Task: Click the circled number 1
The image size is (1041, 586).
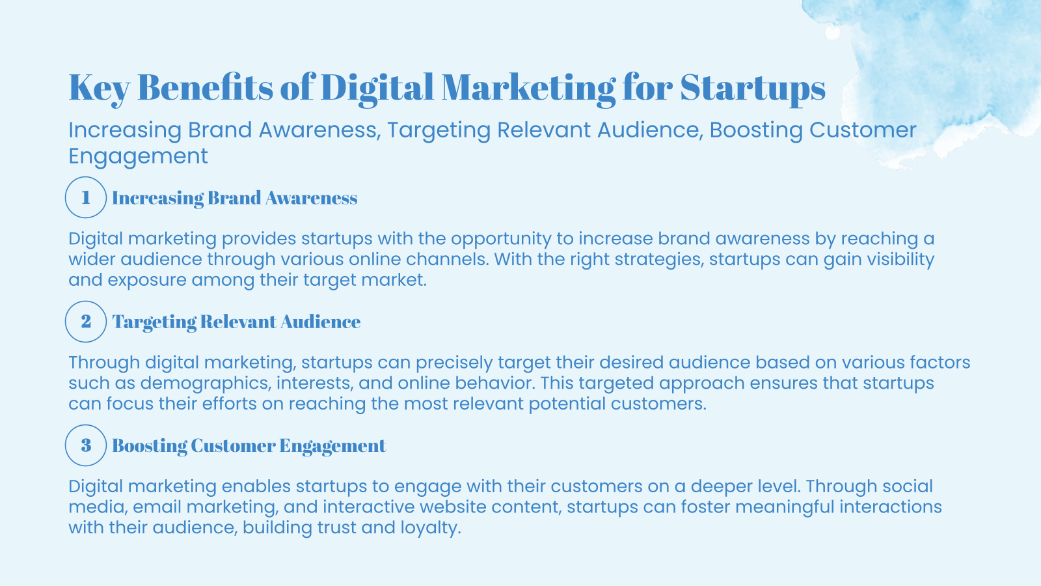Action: click(x=86, y=197)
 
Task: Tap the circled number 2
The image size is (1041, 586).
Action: click(x=86, y=322)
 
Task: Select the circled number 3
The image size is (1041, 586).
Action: click(x=86, y=445)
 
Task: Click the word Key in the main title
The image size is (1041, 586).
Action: click(x=99, y=88)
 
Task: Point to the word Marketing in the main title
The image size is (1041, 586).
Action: click(x=528, y=88)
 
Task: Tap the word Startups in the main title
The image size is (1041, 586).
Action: click(x=753, y=88)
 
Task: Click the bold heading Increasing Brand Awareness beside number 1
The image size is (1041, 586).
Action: click(x=234, y=198)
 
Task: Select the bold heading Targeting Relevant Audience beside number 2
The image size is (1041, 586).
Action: click(x=236, y=322)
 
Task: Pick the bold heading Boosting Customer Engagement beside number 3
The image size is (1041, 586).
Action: click(x=249, y=446)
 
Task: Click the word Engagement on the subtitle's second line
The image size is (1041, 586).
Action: click(x=138, y=156)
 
